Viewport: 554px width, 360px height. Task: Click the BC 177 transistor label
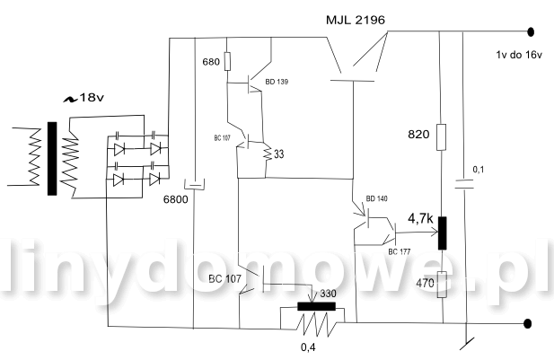401,251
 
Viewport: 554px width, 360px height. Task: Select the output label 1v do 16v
518,54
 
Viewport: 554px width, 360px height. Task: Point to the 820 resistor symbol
441,135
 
